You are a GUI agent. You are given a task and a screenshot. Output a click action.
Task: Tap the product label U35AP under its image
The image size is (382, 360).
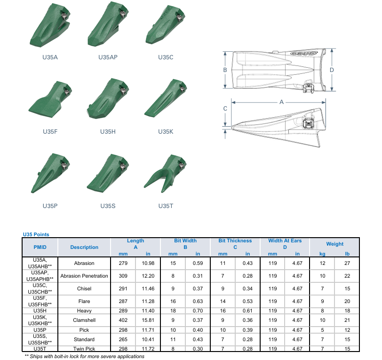pyautogui.click(x=108, y=57)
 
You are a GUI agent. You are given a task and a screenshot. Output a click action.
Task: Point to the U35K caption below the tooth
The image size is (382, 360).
pyautogui.click(x=166, y=132)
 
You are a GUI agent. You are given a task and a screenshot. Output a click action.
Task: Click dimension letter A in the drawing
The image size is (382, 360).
pyautogui.click(x=281, y=102)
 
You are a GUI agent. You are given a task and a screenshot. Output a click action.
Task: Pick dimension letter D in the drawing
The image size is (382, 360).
pyautogui.click(x=332, y=70)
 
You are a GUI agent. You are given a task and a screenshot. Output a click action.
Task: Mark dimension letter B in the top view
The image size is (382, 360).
pyautogui.click(x=225, y=70)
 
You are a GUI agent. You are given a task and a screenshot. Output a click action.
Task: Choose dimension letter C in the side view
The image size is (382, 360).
pyautogui.click(x=225, y=108)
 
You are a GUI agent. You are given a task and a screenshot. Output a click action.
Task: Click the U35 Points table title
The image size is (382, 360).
pyautogui.click(x=36, y=234)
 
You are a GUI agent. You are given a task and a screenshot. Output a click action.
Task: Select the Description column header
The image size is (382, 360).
pyautogui.click(x=84, y=247)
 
